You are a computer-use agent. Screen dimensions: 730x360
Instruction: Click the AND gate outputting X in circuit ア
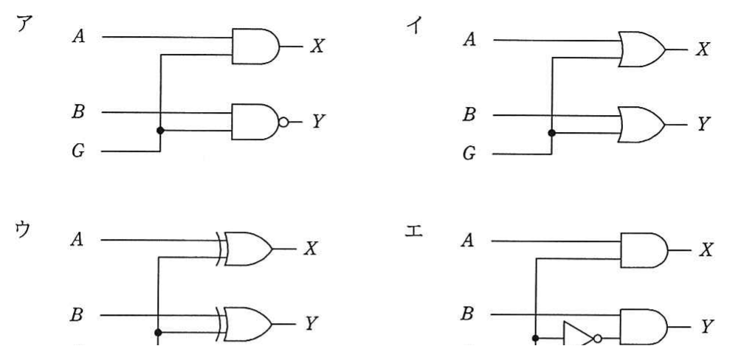click(x=255, y=46)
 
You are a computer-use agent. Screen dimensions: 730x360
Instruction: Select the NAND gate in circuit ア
click(x=255, y=122)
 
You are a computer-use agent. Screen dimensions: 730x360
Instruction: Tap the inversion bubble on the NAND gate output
click(x=283, y=122)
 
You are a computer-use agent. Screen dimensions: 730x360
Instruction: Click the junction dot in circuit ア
click(x=160, y=131)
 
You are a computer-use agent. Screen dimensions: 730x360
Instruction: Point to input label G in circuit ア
click(x=78, y=151)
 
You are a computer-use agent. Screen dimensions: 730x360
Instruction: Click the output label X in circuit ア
click(x=317, y=46)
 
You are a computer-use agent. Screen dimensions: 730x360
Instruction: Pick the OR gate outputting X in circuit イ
click(x=642, y=49)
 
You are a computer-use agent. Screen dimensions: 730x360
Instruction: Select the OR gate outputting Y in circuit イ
click(x=642, y=125)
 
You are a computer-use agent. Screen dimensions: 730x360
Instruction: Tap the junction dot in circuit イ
click(x=551, y=133)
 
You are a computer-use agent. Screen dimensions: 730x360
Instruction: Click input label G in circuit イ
click(x=469, y=154)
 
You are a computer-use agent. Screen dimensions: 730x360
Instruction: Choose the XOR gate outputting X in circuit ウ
click(x=244, y=249)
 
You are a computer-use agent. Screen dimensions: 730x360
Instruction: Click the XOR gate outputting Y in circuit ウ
click(x=244, y=324)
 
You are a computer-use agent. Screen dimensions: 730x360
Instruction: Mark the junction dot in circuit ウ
click(x=158, y=333)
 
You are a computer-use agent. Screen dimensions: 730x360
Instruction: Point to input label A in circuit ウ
click(x=78, y=240)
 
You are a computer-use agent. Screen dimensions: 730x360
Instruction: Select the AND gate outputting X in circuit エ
click(x=644, y=250)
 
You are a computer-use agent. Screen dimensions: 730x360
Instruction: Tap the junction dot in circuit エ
click(x=535, y=338)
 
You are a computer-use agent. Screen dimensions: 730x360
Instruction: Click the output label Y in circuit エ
click(x=706, y=328)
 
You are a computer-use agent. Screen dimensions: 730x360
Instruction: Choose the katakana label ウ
click(x=22, y=230)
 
